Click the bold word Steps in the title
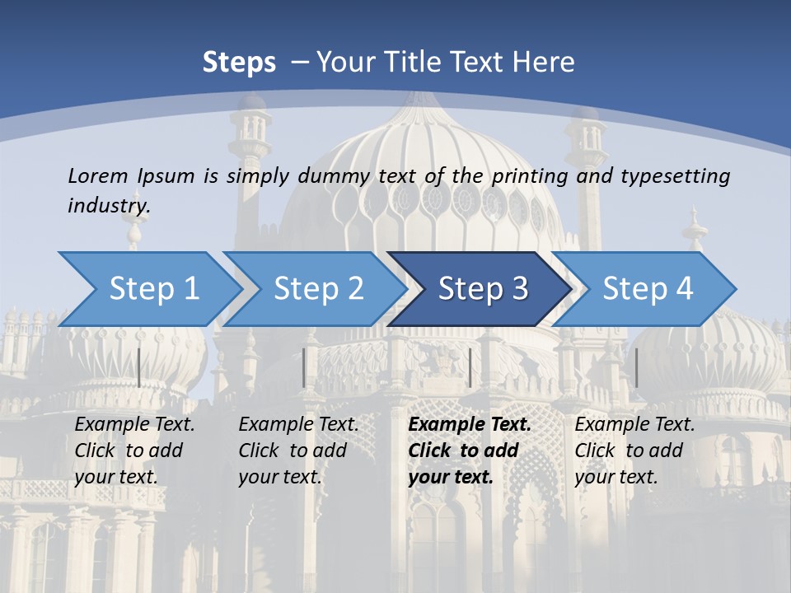239,63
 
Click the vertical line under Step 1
138,367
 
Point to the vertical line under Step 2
304,367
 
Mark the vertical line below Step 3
470,367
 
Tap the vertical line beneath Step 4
636,367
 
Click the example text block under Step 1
134,451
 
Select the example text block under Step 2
298,451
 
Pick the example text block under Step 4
634,451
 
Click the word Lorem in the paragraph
98,175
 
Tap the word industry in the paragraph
109,206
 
